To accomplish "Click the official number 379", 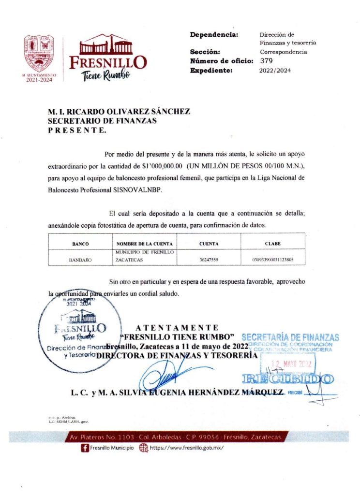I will coord(266,61).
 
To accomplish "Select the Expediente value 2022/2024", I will coord(276,71).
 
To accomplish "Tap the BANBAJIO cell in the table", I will coord(80,260).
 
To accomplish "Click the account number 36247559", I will coord(209,260).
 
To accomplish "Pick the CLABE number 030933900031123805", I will coord(273,260).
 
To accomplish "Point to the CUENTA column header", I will coord(209,244).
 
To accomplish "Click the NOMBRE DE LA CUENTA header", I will coord(144,244).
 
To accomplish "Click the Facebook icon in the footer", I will coord(85,448).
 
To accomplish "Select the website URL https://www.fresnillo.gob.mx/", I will coord(186,448).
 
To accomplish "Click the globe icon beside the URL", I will coord(143,448).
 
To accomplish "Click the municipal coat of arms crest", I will coord(39,53).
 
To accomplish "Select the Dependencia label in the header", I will coord(214,35).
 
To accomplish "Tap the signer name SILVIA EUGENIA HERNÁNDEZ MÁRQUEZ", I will coord(194,393).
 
